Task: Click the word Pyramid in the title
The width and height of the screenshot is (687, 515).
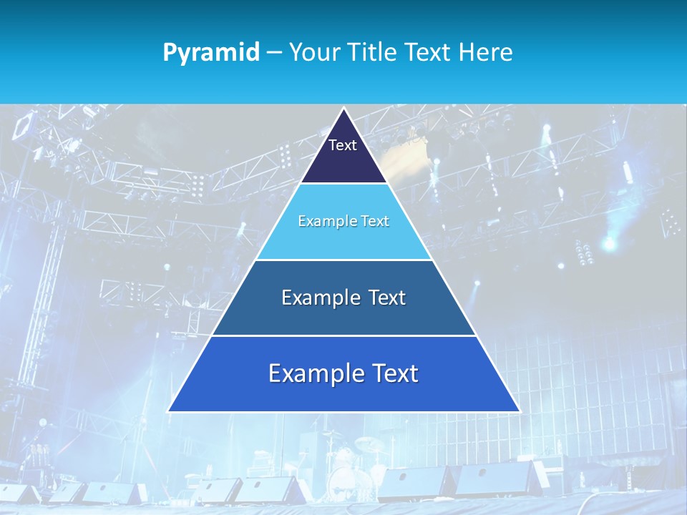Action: (211, 53)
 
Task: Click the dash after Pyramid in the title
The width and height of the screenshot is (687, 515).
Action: (274, 53)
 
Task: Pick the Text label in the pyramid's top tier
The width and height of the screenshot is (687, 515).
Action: (343, 145)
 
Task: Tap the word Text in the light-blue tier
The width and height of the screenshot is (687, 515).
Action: (375, 222)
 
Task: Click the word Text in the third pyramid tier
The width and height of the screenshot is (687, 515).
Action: (387, 298)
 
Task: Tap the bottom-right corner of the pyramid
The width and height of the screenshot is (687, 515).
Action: (519, 411)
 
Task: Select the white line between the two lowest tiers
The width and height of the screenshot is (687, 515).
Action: (343, 335)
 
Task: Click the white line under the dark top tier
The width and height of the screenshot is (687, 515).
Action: (343, 184)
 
